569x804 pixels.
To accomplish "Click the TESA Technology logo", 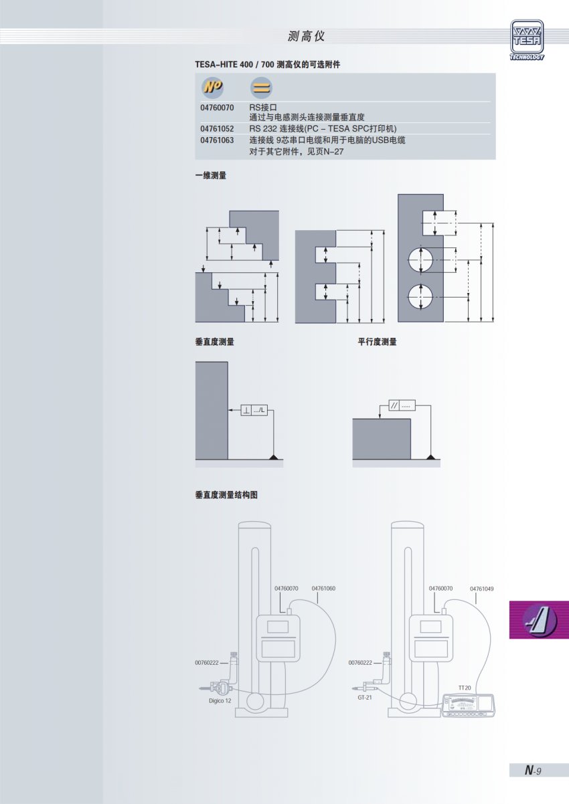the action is point(527,40).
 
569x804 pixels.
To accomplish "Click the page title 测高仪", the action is point(306,36).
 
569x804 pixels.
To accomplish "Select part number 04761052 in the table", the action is point(217,129).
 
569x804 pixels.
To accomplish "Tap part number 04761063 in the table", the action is point(217,140).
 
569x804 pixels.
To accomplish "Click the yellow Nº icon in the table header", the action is point(213,87).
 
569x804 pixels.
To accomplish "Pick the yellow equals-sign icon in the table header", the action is point(261,88).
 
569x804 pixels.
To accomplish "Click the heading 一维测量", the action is point(211,175).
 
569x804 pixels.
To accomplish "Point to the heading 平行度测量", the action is point(377,342).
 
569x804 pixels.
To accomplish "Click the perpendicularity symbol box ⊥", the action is point(246,410).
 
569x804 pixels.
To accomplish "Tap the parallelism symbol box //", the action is point(394,405).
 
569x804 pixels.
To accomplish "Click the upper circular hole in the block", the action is point(420,260).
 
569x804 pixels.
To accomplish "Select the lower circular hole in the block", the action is point(420,296).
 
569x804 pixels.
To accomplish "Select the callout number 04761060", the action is point(323,588).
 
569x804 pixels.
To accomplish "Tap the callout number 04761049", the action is point(482,589).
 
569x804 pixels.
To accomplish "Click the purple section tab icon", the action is point(539,620).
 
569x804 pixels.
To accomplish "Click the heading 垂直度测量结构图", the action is point(226,495).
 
